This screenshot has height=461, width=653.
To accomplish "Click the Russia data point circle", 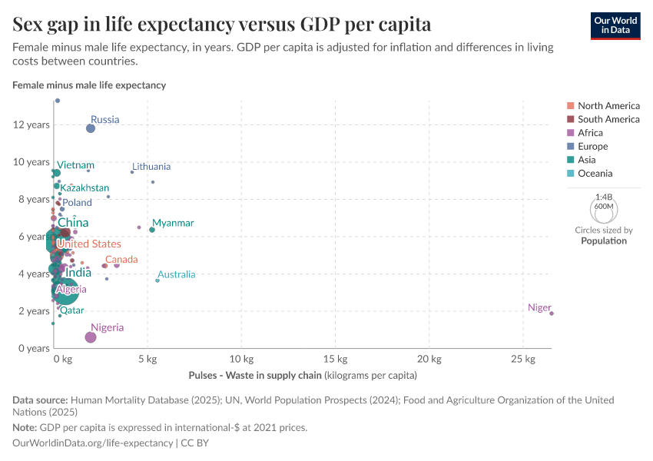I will [x=91, y=128].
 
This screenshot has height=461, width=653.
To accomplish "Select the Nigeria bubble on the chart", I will [x=91, y=337].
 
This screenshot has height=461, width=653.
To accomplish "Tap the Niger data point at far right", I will [x=552, y=313].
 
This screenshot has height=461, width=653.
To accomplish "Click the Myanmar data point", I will [x=152, y=230].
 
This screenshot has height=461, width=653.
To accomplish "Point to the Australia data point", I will [x=157, y=280].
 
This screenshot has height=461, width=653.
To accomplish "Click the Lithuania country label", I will [x=151, y=167].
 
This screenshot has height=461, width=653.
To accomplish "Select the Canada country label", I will [x=121, y=260].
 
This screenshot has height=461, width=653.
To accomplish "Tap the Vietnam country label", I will [x=75, y=165].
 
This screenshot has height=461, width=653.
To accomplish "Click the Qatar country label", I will [x=72, y=310].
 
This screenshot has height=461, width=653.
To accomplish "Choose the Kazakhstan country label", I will [x=85, y=187].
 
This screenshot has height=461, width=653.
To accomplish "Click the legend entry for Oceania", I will [x=595, y=174].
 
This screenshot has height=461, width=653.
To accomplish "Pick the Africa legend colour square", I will [x=570, y=133].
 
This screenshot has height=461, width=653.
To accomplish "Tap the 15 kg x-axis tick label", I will [x=335, y=360].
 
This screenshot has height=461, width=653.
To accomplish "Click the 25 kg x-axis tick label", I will [x=522, y=360].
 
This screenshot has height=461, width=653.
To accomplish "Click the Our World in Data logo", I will [x=615, y=25].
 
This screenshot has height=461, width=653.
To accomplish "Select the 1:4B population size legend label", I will [x=604, y=197].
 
